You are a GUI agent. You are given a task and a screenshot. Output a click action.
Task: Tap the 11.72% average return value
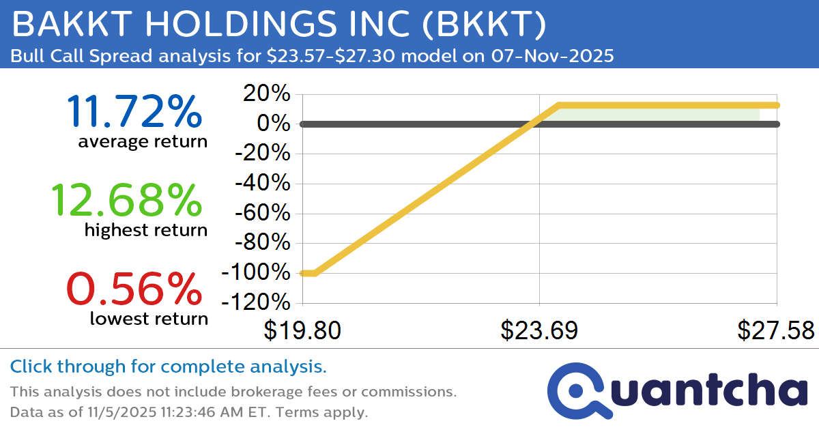pos(134,112)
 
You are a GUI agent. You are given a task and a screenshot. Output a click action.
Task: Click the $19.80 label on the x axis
pos(302,331)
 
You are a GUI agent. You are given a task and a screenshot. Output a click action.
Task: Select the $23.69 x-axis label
pos(539,331)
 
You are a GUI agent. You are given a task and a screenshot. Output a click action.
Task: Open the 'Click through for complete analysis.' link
pos(169,367)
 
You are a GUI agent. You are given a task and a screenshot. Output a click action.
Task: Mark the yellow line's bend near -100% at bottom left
pos(315,273)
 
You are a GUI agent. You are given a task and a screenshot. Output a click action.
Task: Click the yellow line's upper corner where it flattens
pos(558,105)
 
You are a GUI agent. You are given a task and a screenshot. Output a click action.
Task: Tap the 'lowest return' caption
pos(148,318)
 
